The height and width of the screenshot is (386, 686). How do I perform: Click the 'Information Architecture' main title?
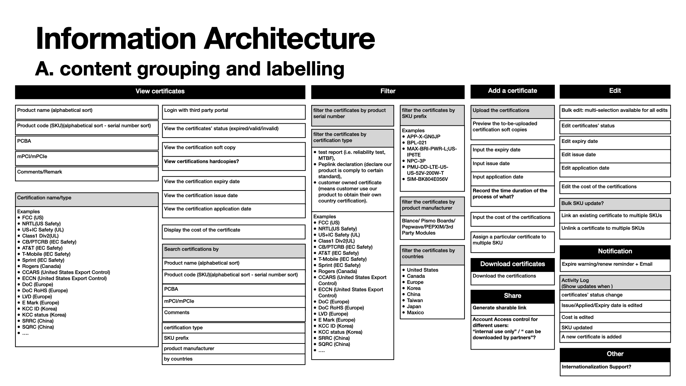(205, 39)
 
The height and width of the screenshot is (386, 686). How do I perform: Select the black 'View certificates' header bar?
(160, 91)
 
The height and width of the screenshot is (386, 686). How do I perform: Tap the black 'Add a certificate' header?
(512, 91)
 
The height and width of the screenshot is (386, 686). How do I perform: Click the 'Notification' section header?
(615, 252)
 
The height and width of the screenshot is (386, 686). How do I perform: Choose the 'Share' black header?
(512, 296)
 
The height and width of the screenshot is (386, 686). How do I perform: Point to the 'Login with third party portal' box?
(234, 112)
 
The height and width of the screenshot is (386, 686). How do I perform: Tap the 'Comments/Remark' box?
(87, 173)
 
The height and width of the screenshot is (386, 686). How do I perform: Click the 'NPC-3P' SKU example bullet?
(416, 161)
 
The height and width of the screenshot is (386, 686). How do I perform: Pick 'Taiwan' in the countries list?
(414, 301)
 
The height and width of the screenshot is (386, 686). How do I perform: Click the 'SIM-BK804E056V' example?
(427, 179)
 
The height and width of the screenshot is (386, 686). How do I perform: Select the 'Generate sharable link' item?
(499, 308)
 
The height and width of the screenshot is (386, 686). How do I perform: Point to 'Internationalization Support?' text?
(596, 367)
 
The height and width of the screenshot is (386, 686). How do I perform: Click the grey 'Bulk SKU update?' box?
(615, 204)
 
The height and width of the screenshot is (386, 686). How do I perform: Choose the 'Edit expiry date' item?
(580, 142)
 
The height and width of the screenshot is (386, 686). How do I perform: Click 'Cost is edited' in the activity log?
(577, 317)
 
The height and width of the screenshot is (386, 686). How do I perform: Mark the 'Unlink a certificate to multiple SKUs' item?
(603, 228)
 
